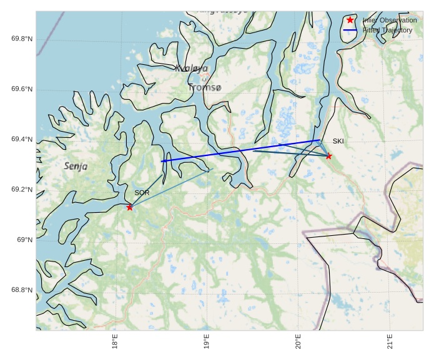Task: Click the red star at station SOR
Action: (x=129, y=207)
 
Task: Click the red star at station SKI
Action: (x=328, y=156)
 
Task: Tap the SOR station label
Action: (x=142, y=193)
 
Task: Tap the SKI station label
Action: (x=338, y=141)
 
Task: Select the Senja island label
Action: (x=76, y=167)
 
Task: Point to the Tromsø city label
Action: (x=204, y=88)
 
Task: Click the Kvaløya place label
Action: (x=191, y=69)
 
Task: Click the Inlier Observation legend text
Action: (x=390, y=21)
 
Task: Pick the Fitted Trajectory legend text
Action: (x=387, y=30)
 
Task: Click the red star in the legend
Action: (x=350, y=20)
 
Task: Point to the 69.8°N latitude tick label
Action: (x=22, y=39)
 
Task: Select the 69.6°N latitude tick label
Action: (x=22, y=89)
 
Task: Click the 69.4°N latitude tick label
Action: (x=22, y=140)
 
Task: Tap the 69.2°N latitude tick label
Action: (x=22, y=190)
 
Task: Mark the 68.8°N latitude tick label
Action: (x=22, y=290)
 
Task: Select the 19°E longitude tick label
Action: (x=207, y=345)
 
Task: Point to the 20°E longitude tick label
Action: (x=298, y=345)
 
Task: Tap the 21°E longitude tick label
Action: (x=390, y=345)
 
